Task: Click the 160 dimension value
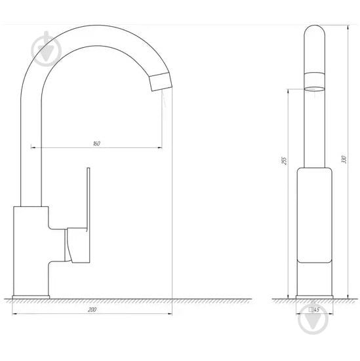coord(96,143)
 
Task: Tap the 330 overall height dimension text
coord(344,159)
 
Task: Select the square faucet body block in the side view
coord(31,249)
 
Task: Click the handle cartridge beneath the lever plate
coord(77,246)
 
